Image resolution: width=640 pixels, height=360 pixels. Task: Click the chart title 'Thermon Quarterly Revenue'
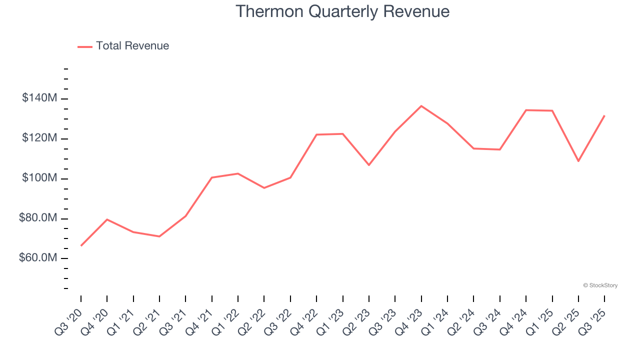pos(342,11)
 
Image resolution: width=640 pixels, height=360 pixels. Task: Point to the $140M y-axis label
pos(39,98)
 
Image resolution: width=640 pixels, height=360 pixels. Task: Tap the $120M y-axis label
pos(39,138)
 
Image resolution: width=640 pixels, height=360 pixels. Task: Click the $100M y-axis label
pos(39,178)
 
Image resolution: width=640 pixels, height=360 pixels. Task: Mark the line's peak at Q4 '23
pos(421,106)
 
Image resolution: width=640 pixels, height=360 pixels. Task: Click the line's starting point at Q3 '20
pos(81,245)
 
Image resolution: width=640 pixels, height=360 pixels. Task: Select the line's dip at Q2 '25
pos(578,161)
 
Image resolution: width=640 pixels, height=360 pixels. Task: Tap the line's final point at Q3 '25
pos(604,115)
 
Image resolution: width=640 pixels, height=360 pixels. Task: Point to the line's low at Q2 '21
pos(159,236)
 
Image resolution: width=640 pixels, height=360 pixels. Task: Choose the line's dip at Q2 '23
pos(369,165)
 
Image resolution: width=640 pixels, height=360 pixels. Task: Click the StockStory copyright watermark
pos(600,285)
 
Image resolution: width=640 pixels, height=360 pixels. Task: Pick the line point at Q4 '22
pos(316,134)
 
